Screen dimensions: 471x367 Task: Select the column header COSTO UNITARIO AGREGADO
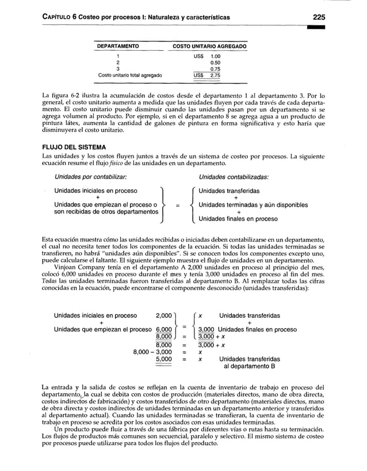pos(210,45)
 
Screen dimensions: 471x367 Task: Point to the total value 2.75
pos(216,75)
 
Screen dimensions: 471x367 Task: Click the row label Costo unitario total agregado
pos(130,75)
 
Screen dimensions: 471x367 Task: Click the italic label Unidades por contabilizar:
pos(90,177)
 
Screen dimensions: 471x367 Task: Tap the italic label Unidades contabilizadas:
pos(234,177)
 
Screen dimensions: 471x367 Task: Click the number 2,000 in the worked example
pos(165,316)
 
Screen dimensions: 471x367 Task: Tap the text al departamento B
pos(250,366)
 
